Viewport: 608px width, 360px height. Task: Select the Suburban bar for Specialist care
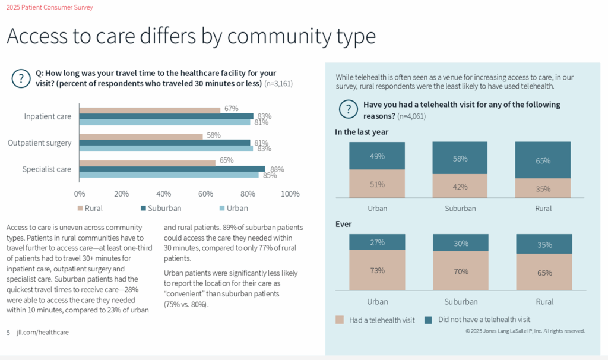click(172, 169)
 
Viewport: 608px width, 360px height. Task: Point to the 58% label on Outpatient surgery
click(213, 135)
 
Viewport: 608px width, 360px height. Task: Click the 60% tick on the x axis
click(206, 194)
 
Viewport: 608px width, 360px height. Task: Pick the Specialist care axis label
click(47, 169)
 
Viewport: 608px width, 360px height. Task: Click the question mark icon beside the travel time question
click(21, 78)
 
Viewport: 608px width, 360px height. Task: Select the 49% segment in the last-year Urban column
click(377, 156)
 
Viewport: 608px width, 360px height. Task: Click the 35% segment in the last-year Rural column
click(543, 188)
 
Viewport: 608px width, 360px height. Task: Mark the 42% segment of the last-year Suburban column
click(460, 186)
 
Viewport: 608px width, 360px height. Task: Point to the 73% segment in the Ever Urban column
click(377, 270)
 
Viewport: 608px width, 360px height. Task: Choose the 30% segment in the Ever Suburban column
click(460, 242)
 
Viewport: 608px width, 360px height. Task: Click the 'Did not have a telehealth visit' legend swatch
click(429, 320)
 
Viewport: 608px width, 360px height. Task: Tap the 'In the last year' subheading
click(362, 132)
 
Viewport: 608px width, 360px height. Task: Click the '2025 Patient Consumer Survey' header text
click(49, 7)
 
